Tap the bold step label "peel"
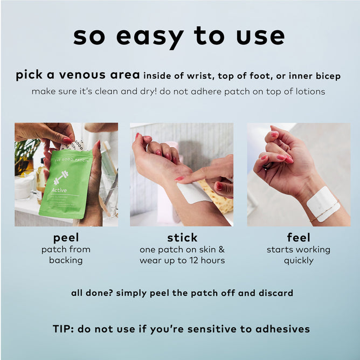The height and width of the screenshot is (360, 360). (x=66, y=238)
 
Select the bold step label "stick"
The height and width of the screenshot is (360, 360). (x=182, y=238)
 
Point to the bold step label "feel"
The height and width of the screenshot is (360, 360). (x=299, y=238)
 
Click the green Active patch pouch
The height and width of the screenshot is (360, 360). (x=66, y=184)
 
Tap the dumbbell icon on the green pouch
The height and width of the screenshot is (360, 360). (x=61, y=177)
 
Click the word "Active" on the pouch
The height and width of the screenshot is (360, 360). (x=59, y=190)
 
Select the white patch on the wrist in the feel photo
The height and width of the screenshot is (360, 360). (x=323, y=204)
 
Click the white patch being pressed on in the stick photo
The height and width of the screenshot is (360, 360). (x=194, y=193)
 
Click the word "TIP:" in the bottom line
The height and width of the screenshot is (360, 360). (x=63, y=329)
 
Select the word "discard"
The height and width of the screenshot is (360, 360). (x=276, y=293)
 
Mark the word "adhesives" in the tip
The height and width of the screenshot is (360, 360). (x=282, y=329)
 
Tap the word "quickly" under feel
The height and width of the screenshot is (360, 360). (x=299, y=261)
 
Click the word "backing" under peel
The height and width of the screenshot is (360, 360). (x=66, y=260)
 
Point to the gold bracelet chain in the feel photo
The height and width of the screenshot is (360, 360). (x=324, y=211)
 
